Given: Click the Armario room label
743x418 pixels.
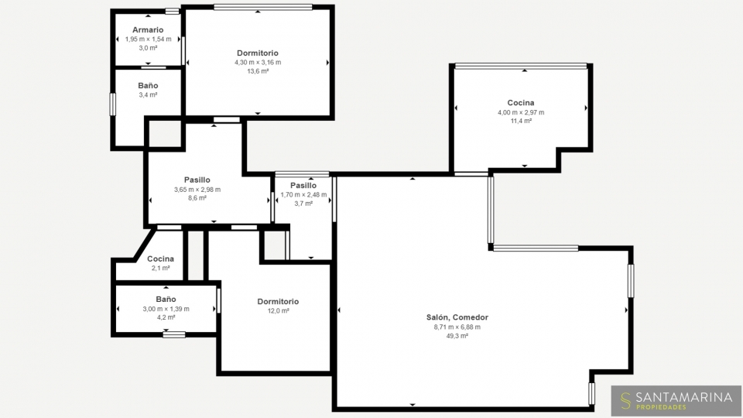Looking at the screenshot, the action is (148, 30).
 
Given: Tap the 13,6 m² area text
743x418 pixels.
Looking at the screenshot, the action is (258, 71).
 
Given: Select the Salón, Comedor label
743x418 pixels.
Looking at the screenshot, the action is (457, 317).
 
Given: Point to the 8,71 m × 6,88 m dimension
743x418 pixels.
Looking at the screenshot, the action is (457, 327).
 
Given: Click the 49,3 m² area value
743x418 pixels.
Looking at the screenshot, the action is (457, 336).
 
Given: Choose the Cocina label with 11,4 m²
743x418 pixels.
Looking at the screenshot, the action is (521, 103).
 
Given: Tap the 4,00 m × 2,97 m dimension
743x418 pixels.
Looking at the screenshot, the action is (521, 112).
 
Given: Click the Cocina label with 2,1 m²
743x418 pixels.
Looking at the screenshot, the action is (160, 259).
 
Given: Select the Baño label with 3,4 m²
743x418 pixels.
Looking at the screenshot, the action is (148, 86).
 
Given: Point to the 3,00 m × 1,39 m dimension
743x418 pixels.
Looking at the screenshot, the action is (166, 309).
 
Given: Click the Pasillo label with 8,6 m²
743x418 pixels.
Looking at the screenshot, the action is (197, 180).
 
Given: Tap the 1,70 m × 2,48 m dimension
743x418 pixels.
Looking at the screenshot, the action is (303, 195).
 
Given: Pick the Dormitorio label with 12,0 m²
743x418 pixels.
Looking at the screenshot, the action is (278, 301).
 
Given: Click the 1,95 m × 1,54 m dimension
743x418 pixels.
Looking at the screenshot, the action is (149, 39).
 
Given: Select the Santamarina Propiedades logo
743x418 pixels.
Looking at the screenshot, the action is (676, 400).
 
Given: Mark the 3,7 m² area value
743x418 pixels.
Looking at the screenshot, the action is (303, 204).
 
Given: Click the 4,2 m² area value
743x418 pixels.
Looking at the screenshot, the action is (166, 317).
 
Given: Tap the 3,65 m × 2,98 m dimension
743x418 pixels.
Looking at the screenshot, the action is (197, 190).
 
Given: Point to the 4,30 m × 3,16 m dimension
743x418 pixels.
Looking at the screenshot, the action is (258, 63).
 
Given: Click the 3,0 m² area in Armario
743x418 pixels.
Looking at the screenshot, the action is (148, 48).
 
